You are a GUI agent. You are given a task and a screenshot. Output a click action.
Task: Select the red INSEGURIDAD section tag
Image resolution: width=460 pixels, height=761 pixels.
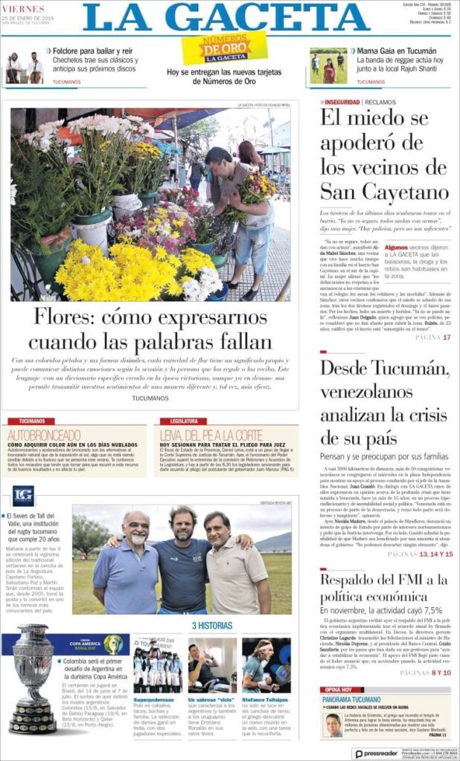343,102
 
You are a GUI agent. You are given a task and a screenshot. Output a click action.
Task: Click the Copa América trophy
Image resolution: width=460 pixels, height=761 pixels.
33,677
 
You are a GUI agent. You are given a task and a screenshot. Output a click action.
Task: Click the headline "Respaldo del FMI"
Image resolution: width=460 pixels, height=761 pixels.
384,588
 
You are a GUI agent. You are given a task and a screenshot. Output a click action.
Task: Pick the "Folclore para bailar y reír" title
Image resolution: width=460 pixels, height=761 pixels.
92,51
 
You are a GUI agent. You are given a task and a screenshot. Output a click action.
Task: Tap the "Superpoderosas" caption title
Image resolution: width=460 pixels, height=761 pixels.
153,699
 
